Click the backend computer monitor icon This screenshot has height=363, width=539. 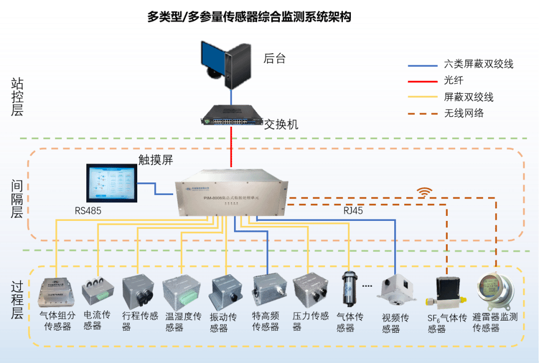click(224, 62)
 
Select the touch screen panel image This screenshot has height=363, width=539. click(112, 183)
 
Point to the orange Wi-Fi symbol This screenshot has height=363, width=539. click(425, 192)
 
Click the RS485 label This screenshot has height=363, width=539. click(88, 211)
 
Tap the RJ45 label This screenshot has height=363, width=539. click(353, 211)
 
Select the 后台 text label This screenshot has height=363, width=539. click(274, 58)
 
